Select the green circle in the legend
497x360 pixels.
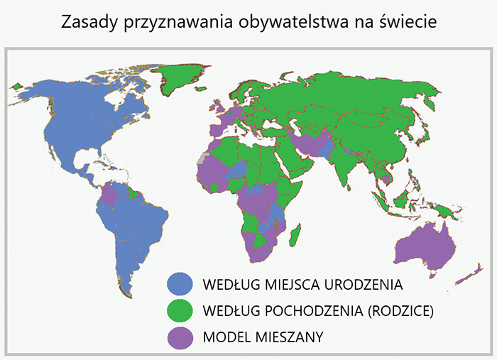click(x=180, y=310)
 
